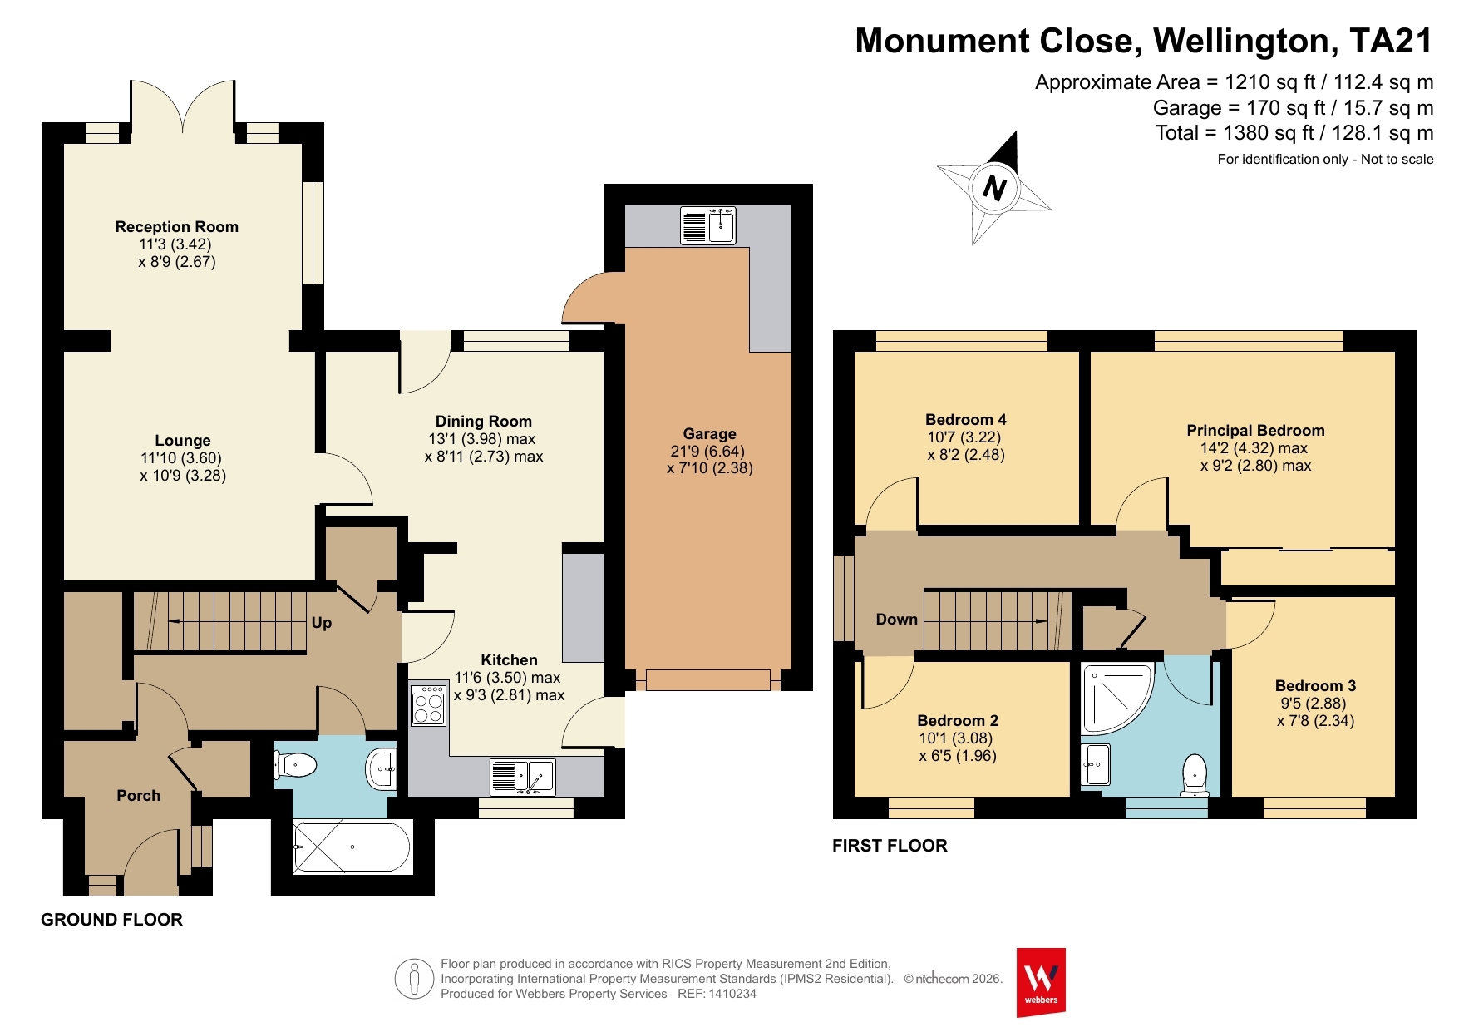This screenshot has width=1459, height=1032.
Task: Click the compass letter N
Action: pos(994,188)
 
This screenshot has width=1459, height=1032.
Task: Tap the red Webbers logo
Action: pos(1041,982)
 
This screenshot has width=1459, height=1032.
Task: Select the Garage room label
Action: pos(709,433)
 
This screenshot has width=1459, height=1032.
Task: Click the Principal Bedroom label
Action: pos(1255,430)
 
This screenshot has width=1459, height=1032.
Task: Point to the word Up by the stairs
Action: pos(322,623)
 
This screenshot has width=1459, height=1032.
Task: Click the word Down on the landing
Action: pos(896,620)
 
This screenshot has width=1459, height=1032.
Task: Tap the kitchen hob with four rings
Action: pos(428,705)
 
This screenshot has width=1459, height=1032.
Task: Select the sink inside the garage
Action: pos(708,225)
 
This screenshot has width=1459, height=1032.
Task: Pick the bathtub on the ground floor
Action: pos(352,847)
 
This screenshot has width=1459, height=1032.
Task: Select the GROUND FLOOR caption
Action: pos(112,920)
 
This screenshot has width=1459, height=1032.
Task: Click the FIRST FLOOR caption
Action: pos(890,846)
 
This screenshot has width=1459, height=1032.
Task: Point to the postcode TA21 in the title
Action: pos(1392,41)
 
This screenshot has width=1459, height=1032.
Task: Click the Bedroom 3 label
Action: pos(1315,685)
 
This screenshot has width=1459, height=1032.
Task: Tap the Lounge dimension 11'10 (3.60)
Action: pos(181,458)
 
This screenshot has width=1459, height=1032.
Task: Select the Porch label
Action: pos(138,796)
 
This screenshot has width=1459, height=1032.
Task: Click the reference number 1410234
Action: pos(732,994)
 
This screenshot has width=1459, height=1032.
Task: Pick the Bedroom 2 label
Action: pos(958,720)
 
